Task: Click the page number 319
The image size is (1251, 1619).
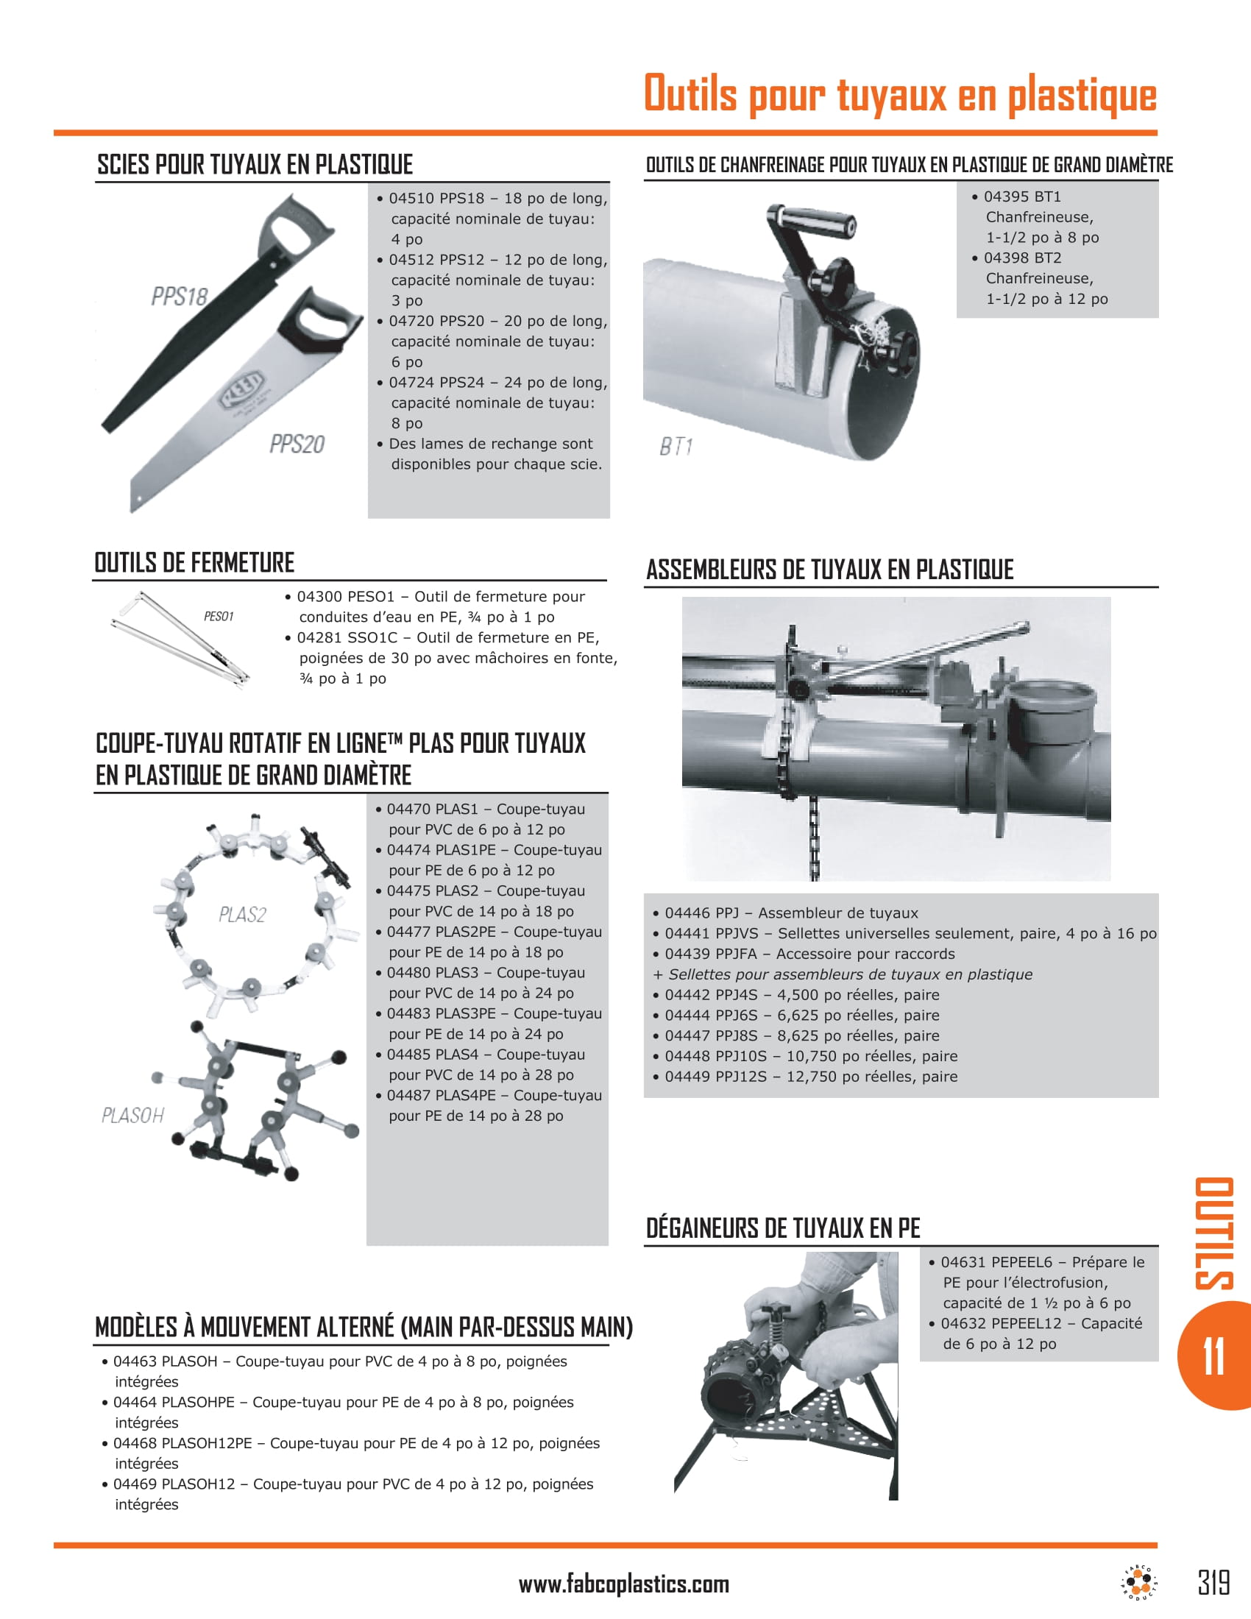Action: click(1214, 1583)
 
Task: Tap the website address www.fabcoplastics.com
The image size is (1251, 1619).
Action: click(623, 1584)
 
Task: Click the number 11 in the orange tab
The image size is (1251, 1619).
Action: click(1214, 1357)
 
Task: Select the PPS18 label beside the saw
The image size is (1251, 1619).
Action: click(180, 297)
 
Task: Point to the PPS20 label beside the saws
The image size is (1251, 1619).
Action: click(297, 444)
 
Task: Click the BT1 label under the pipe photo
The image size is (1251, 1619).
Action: click(676, 446)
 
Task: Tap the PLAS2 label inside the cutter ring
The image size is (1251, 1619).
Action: click(242, 914)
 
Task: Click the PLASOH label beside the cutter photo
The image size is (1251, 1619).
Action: click(132, 1115)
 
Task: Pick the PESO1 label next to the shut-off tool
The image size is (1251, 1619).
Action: click(219, 616)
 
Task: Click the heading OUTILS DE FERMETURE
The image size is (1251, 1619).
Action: click(194, 563)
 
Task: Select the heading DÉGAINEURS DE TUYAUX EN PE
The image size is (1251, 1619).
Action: click(783, 1228)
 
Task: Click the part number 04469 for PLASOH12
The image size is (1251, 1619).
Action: click(135, 1484)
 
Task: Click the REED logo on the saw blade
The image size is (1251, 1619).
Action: click(241, 388)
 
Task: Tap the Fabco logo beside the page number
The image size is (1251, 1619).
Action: click(1139, 1583)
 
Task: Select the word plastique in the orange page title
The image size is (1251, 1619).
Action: click(1082, 94)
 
